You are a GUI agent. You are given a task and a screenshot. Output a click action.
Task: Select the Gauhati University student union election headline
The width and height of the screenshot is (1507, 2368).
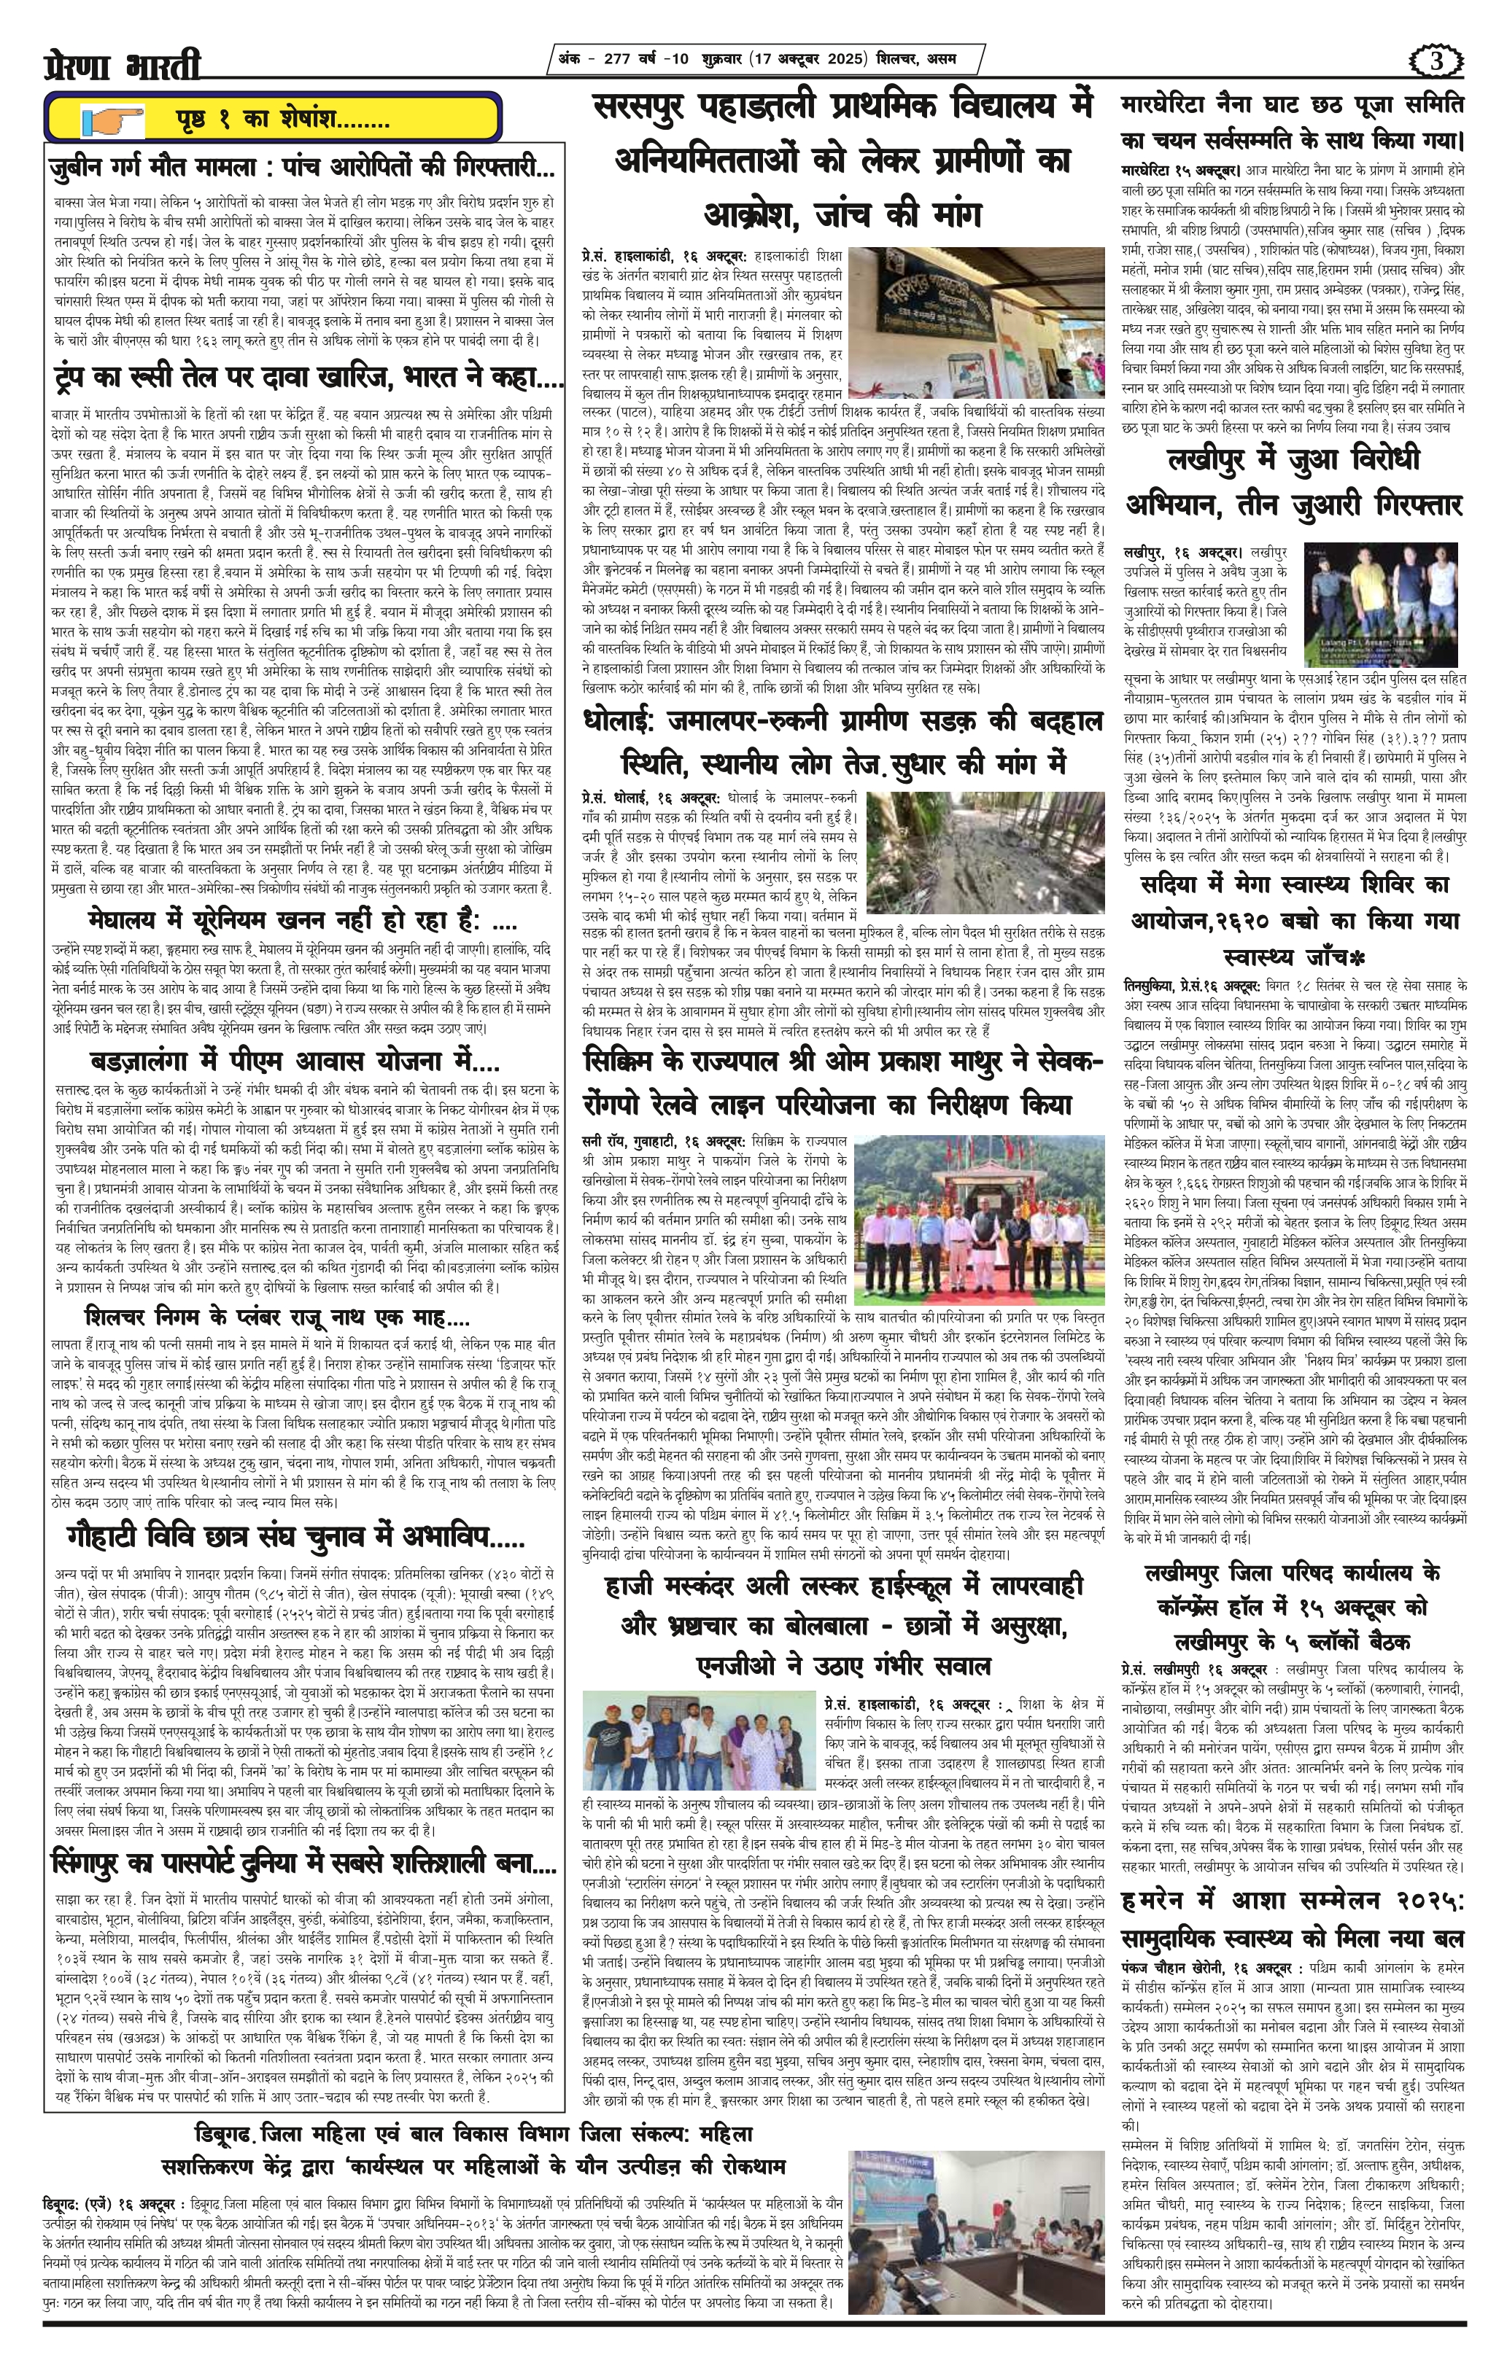[x=295, y=1536]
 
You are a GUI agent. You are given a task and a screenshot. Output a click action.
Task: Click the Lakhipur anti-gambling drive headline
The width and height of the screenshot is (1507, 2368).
[x=1295, y=483]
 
